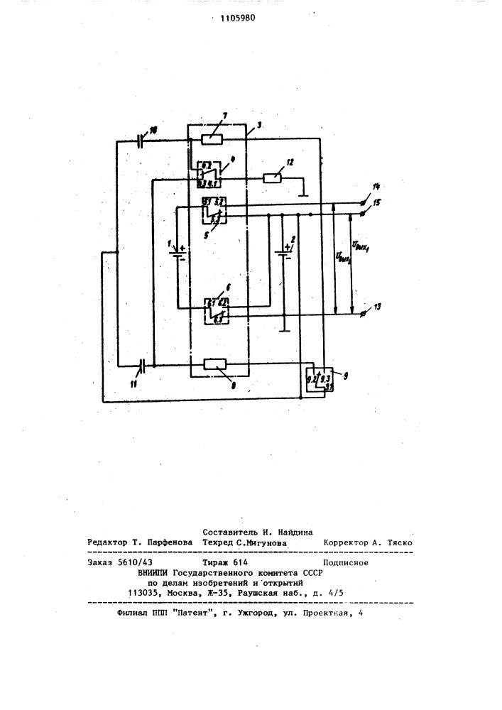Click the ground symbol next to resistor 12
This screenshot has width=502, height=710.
[x=305, y=192]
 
